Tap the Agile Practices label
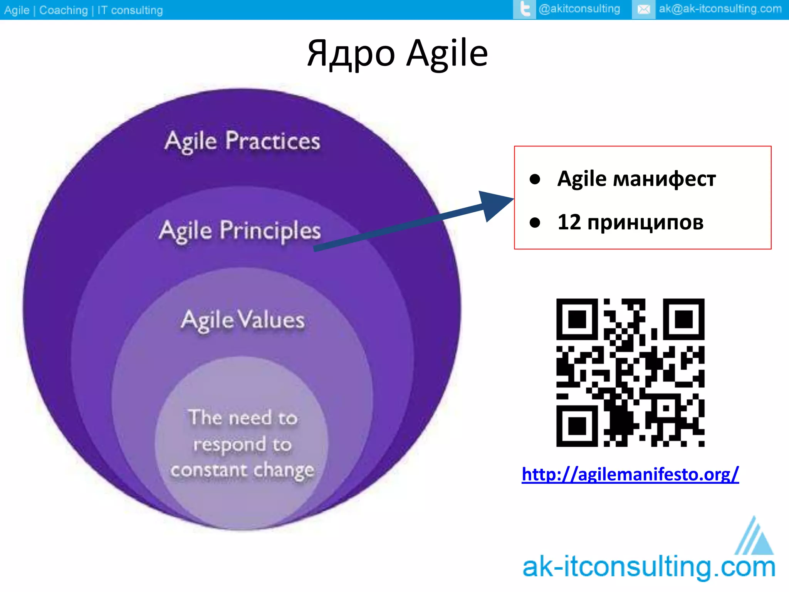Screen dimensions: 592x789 pyautogui.click(x=242, y=141)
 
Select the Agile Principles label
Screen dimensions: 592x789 pyautogui.click(x=240, y=230)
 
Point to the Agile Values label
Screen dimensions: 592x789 pyautogui.click(x=243, y=320)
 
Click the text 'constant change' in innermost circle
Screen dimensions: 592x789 pyautogui.click(x=242, y=470)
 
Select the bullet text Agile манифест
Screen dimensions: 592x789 pyautogui.click(x=636, y=179)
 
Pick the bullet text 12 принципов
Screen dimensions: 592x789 pyautogui.click(x=630, y=222)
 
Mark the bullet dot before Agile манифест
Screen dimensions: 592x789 pyautogui.click(x=535, y=179)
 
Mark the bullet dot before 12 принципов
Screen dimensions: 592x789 pyautogui.click(x=535, y=222)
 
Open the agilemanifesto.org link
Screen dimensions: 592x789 pyautogui.click(x=630, y=474)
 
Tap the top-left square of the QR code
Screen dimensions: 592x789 pyautogui.click(x=577, y=319)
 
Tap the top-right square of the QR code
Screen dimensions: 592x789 pyautogui.click(x=683, y=319)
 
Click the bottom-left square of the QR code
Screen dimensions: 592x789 pyautogui.click(x=577, y=426)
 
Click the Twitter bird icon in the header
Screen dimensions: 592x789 pyautogui.click(x=524, y=9)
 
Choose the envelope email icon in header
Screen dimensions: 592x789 pyautogui.click(x=643, y=9)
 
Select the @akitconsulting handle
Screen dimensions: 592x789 pyautogui.click(x=579, y=8)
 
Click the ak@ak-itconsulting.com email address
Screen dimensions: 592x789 pyautogui.click(x=720, y=8)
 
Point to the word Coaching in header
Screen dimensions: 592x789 pyautogui.click(x=64, y=10)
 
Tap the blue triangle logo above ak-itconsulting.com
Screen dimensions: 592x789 pyautogui.click(x=755, y=538)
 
